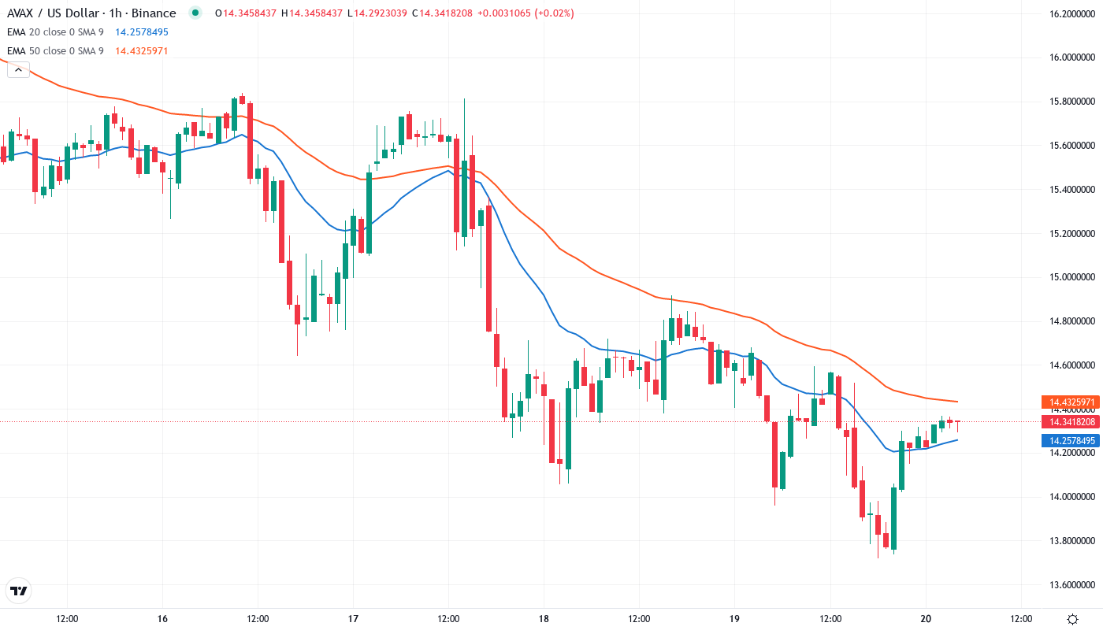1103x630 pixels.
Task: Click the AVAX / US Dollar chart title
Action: [x=91, y=13]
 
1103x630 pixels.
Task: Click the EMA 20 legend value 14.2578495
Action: [x=142, y=32]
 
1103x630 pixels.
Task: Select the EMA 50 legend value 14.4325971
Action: [x=142, y=51]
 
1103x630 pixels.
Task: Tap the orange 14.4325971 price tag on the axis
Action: [x=1069, y=402]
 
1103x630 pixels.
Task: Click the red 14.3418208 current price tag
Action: [x=1069, y=421]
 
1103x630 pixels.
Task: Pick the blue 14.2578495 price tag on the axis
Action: [x=1069, y=440]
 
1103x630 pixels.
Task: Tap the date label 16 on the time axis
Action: [x=162, y=618]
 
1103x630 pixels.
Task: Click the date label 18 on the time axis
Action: [x=544, y=618]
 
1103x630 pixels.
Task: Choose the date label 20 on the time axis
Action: [x=926, y=618]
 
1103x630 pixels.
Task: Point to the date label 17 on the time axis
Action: [x=353, y=618]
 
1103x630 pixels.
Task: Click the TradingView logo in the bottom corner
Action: [x=19, y=591]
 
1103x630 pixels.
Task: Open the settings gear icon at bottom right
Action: [x=1072, y=618]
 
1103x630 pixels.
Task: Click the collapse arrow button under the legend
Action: [x=18, y=69]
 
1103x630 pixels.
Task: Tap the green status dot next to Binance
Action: [x=195, y=13]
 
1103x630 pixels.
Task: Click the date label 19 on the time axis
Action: [x=734, y=618]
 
